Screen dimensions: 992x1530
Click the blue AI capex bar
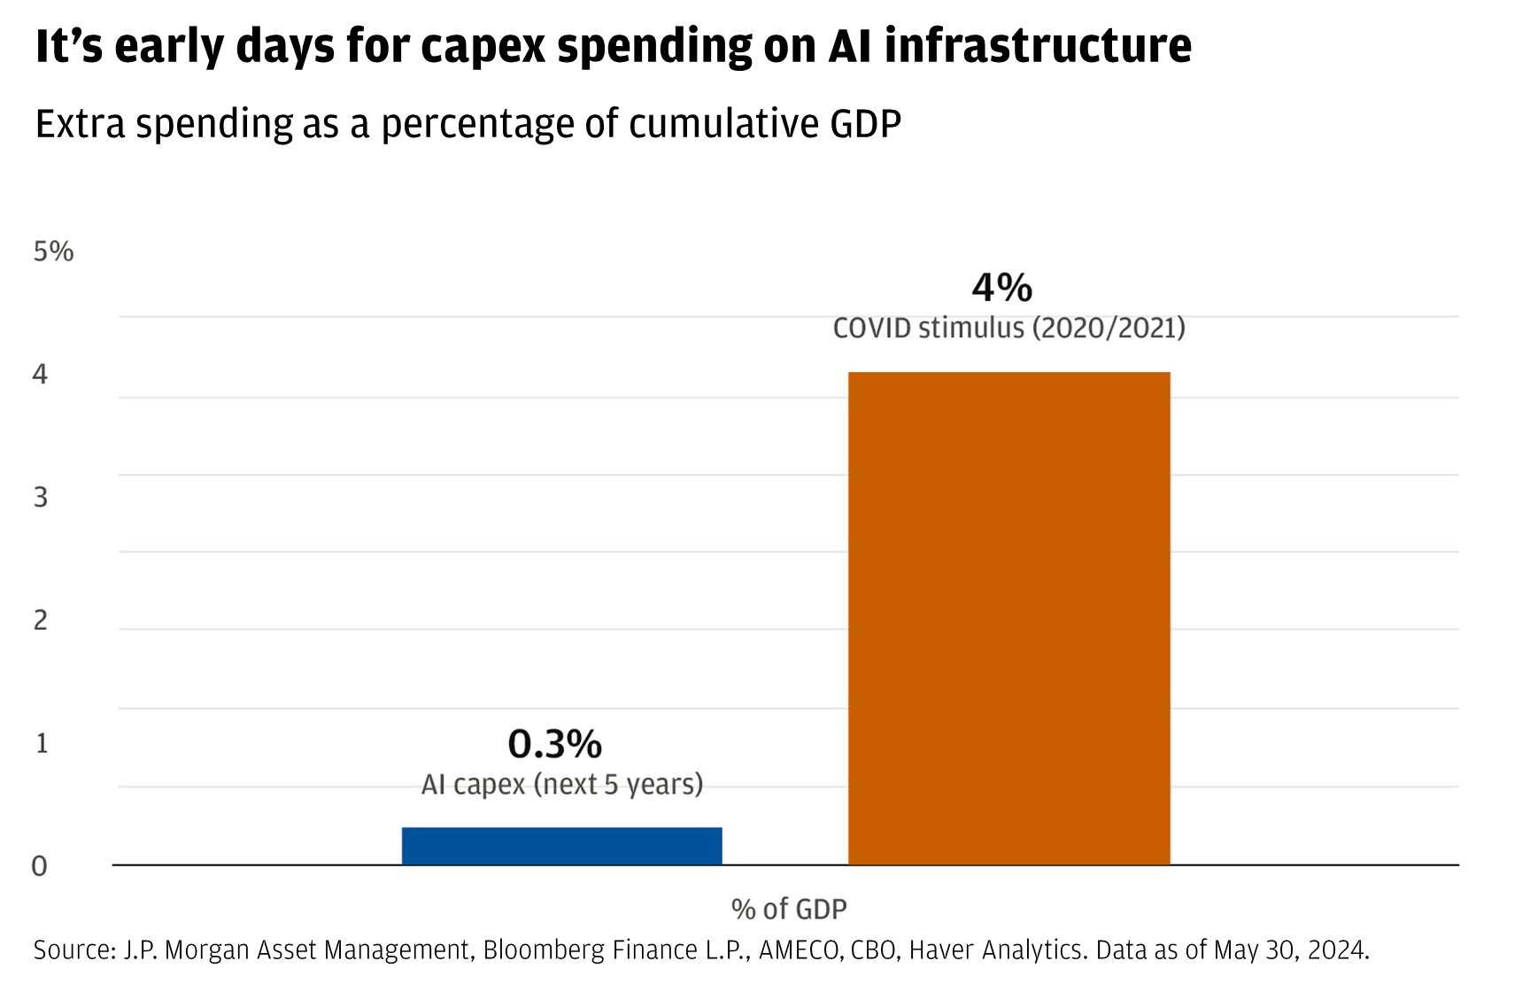(561, 846)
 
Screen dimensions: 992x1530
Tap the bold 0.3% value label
(554, 744)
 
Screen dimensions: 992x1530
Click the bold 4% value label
(1001, 288)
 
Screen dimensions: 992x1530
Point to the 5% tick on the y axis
(53, 252)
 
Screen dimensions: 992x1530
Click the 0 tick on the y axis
(40, 866)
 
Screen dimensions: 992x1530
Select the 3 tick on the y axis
(41, 497)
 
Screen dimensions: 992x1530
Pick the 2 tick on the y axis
(41, 620)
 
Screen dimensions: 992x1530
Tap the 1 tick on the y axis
(42, 743)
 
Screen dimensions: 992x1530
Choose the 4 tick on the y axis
(40, 375)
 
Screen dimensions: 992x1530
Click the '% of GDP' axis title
(789, 909)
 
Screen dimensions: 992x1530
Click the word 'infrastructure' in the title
(1038, 46)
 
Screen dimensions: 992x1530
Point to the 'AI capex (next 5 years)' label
(561, 785)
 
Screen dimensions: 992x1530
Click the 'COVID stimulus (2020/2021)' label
(1008, 329)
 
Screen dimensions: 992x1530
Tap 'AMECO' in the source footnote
(800, 950)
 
